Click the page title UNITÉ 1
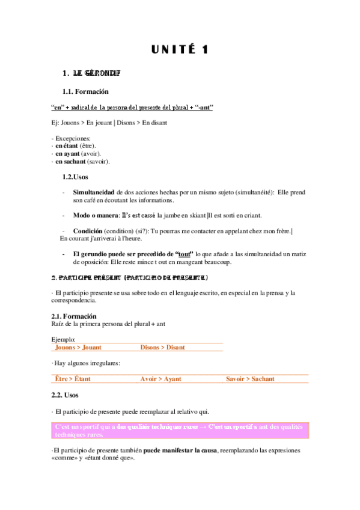(x=180, y=50)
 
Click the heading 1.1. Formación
(x=85, y=92)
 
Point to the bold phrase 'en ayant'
(x=67, y=154)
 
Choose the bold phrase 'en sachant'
(x=70, y=162)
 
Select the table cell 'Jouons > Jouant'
(x=78, y=348)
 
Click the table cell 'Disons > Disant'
(x=162, y=348)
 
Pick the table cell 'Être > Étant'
(x=73, y=379)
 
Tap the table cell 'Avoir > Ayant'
(x=160, y=379)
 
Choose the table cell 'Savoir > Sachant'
(x=250, y=379)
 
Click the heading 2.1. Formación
(x=74, y=316)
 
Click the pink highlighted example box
(x=180, y=430)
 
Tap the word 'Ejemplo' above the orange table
(x=64, y=340)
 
